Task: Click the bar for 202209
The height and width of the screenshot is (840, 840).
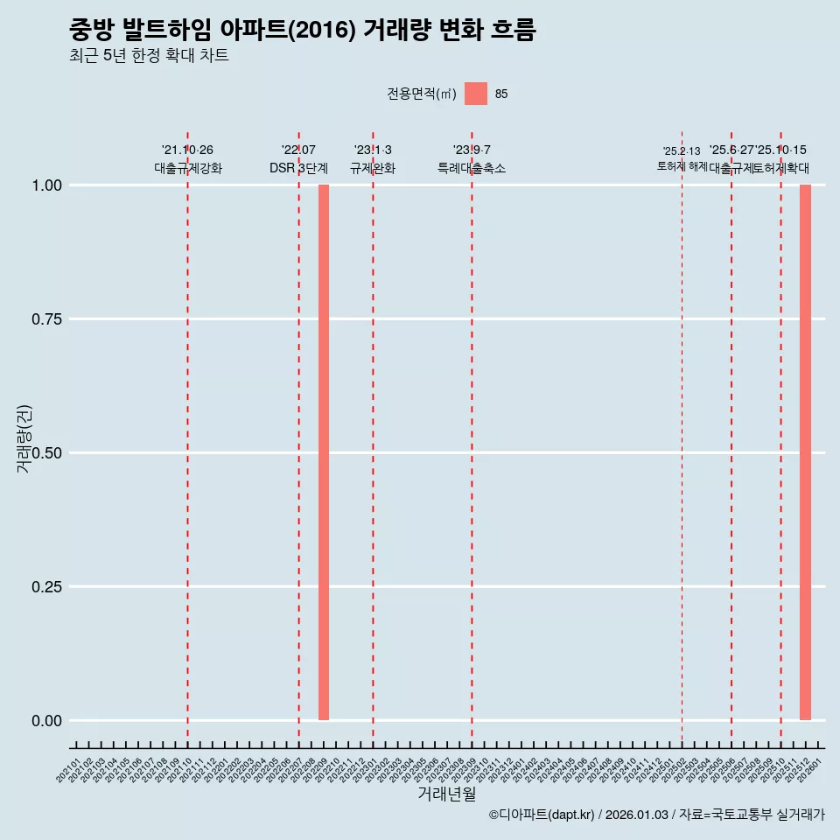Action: tap(324, 452)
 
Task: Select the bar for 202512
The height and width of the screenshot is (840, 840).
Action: tap(805, 452)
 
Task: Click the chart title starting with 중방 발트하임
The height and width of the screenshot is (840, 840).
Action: tap(302, 30)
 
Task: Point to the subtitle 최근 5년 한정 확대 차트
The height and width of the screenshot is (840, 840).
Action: tap(149, 56)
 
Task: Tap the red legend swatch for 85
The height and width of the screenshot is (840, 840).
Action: tap(475, 94)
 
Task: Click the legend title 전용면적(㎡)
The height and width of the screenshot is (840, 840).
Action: tap(421, 94)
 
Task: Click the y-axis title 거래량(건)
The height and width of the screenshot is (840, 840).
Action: tap(24, 438)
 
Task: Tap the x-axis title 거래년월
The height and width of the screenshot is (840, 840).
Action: tap(446, 794)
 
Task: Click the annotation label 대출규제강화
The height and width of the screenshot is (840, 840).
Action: tap(188, 168)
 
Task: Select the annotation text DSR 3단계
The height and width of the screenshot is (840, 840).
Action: tap(298, 168)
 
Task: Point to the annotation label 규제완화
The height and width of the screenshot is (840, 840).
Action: tap(373, 168)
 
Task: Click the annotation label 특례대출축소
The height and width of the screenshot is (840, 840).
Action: tap(472, 168)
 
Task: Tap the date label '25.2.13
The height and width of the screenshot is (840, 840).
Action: tap(682, 151)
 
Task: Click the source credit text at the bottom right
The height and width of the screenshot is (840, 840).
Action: tap(656, 815)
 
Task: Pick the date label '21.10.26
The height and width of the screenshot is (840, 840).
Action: tap(187, 150)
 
